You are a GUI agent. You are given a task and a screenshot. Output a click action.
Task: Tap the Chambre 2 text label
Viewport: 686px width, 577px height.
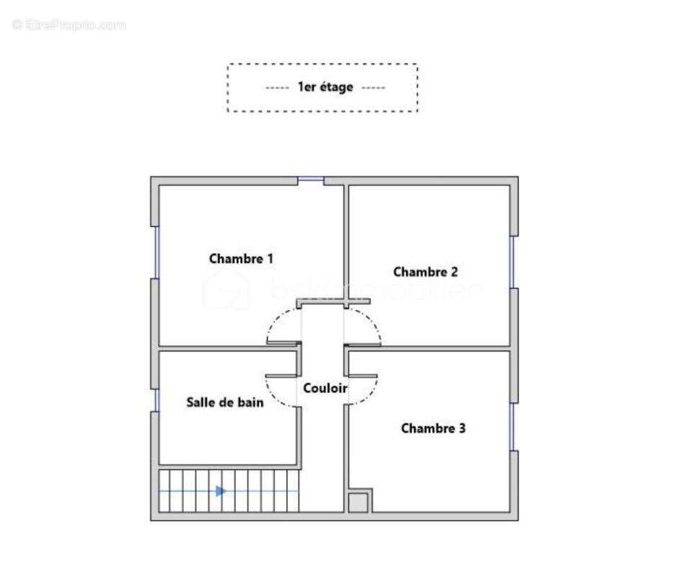coord(425,272)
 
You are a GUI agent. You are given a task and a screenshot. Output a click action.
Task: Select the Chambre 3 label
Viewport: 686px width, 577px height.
coord(433,428)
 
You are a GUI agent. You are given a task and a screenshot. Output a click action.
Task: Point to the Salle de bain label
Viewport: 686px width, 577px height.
coord(224,402)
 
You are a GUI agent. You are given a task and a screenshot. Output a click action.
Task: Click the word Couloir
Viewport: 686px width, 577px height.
coord(325,388)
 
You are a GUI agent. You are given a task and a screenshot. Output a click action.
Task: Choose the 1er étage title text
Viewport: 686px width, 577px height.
coord(325,87)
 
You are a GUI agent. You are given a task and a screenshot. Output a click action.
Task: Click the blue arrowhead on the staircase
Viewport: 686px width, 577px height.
coord(221,491)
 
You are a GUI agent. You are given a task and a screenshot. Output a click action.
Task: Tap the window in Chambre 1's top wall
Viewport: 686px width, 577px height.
coord(311,180)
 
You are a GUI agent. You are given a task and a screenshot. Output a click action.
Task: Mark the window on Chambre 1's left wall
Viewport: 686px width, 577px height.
coord(154,252)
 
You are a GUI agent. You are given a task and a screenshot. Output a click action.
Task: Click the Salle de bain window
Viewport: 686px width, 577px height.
coord(154,400)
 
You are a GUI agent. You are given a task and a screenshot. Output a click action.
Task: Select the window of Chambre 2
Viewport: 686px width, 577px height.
coord(514,261)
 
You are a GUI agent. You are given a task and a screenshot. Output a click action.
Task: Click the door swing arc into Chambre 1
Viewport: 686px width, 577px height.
coord(278,322)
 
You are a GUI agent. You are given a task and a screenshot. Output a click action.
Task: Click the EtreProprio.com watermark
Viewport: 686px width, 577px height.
coord(69,25)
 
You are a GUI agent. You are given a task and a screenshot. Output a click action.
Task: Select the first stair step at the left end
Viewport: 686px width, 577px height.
coord(163,491)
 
